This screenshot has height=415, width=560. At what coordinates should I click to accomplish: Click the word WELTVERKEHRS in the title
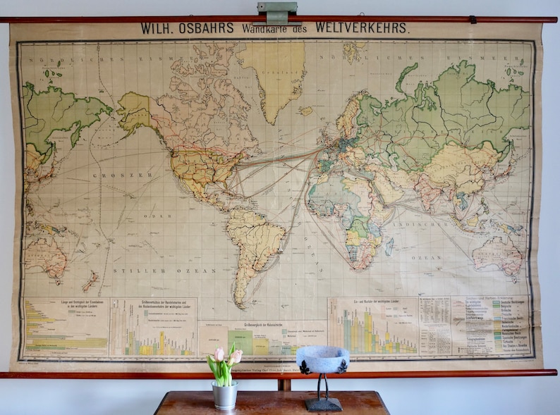[362, 28]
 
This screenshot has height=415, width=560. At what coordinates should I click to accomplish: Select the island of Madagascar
[389, 247]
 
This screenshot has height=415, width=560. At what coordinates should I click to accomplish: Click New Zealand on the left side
[90, 282]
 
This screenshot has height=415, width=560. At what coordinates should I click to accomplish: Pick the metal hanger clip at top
[276, 12]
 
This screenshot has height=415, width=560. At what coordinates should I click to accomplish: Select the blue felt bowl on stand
[322, 359]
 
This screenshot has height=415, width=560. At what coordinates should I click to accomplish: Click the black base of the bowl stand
[323, 404]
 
